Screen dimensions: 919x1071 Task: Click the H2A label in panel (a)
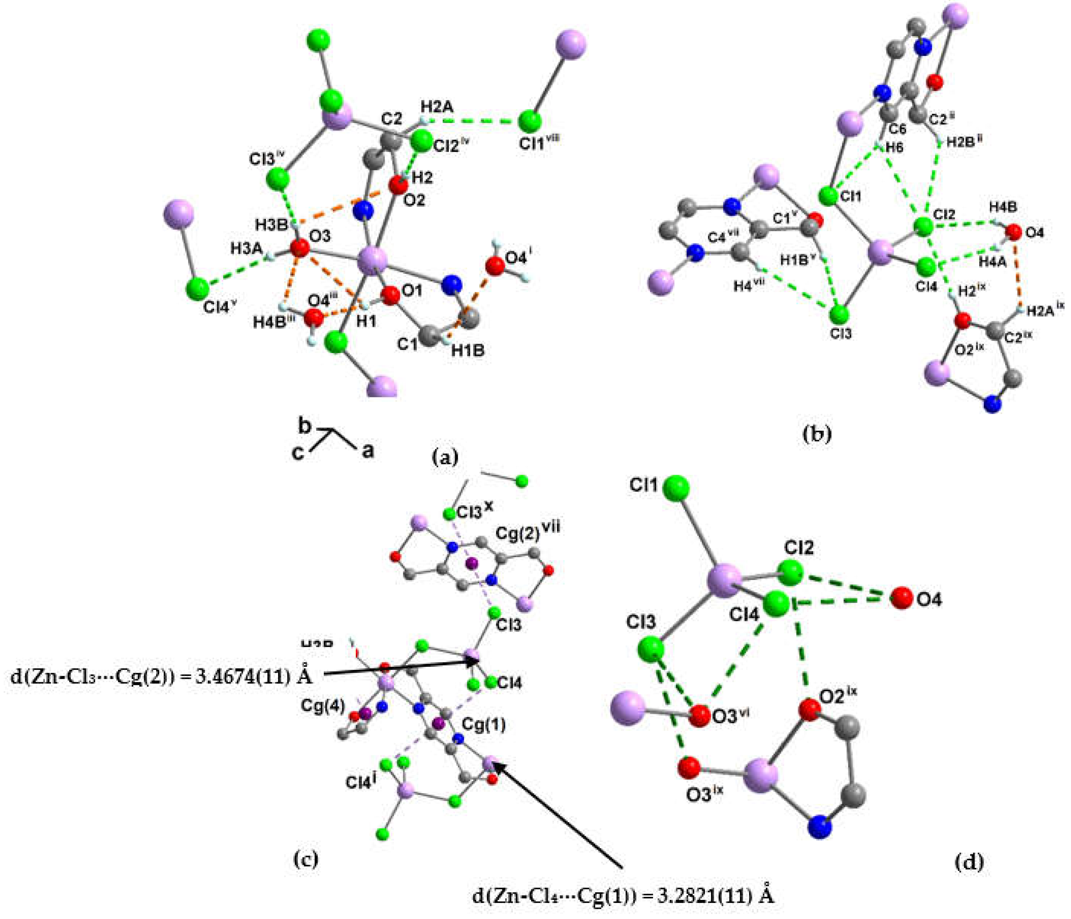(x=437, y=107)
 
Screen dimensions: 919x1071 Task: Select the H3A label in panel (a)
(x=247, y=249)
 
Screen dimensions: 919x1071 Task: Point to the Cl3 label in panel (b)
(x=841, y=333)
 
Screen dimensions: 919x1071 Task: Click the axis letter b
(x=305, y=427)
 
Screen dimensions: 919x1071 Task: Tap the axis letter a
(x=367, y=450)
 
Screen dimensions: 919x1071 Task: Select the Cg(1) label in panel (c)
(x=483, y=725)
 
